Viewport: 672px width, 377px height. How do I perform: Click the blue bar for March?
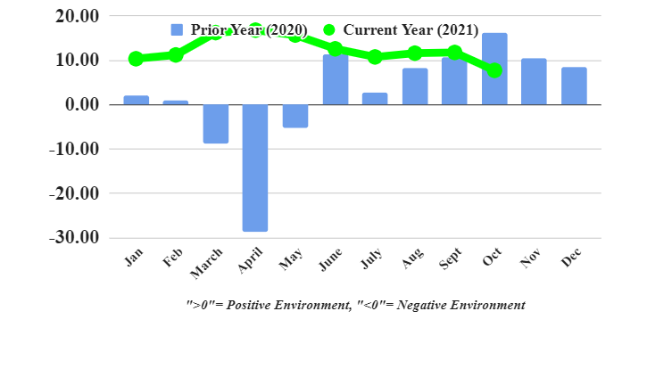(215, 124)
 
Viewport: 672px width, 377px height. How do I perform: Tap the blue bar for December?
(574, 86)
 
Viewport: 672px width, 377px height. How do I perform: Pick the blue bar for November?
(534, 81)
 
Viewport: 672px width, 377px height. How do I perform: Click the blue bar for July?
(375, 99)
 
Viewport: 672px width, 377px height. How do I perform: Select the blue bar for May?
(295, 116)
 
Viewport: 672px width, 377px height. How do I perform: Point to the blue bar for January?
(136, 100)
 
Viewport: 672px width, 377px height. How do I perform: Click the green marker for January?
(136, 59)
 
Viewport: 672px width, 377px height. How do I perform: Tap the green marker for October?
(494, 70)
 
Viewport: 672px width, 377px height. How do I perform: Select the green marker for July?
(375, 57)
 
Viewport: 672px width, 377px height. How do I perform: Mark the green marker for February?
(176, 55)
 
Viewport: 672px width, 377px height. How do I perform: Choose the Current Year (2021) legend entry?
(400, 30)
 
